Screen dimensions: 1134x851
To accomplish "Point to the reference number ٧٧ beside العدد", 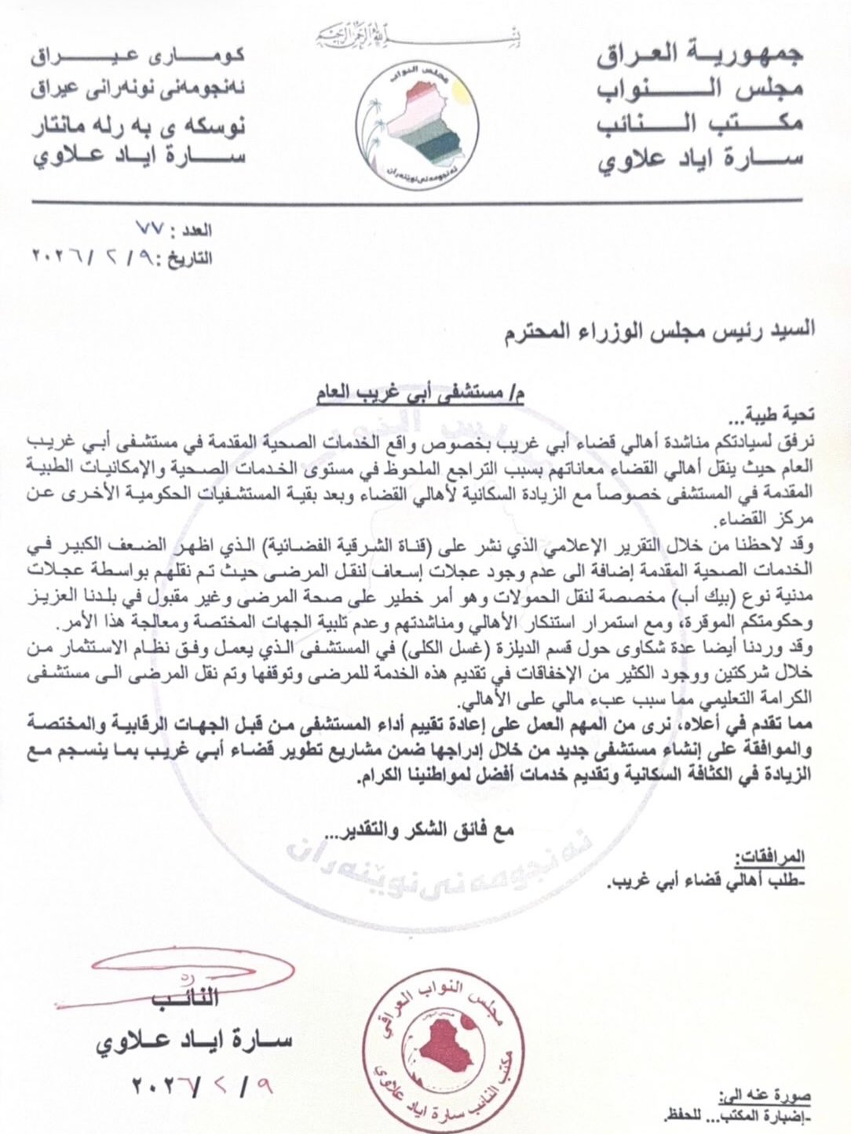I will click(x=149, y=231).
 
